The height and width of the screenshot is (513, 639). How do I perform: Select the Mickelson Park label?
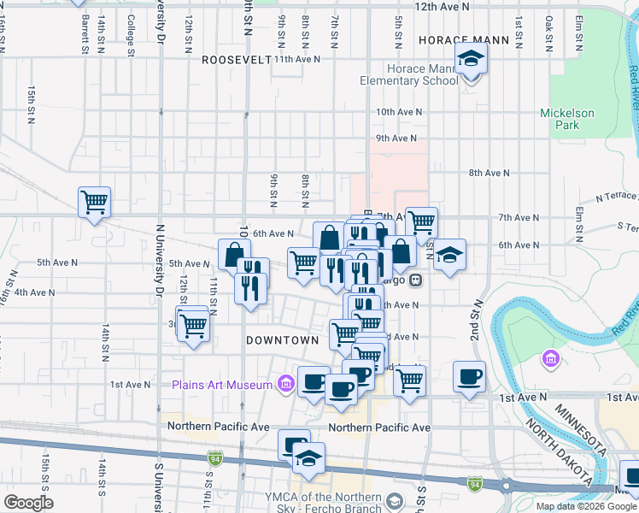click(x=566, y=119)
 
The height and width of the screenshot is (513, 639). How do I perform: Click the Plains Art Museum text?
click(x=222, y=385)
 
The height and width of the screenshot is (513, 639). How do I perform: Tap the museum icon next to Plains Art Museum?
click(x=284, y=385)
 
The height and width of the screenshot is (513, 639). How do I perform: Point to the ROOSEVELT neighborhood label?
click(x=236, y=60)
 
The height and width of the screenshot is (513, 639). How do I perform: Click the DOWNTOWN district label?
click(x=282, y=339)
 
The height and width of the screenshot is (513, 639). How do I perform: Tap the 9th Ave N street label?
click(x=396, y=138)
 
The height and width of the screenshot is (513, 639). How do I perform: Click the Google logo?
click(x=28, y=503)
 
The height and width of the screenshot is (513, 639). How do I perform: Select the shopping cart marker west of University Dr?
click(x=94, y=203)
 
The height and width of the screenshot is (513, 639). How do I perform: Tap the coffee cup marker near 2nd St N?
click(x=469, y=377)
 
